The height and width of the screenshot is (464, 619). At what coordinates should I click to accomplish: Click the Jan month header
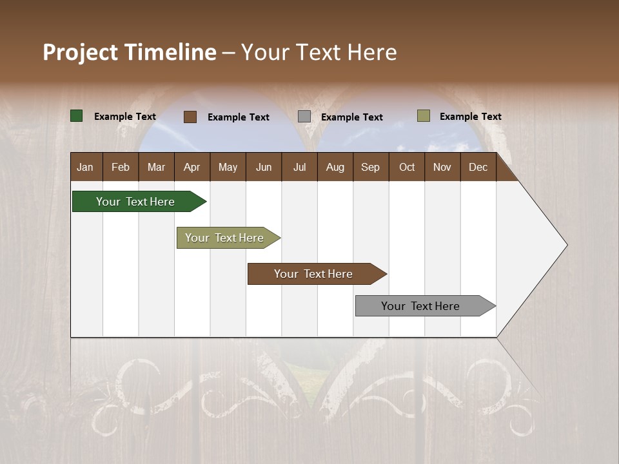(x=86, y=167)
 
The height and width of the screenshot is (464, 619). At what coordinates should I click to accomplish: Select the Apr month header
(x=192, y=167)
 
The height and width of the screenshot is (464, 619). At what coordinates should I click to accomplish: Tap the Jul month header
(x=299, y=167)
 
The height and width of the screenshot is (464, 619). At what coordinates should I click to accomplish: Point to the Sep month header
(x=370, y=167)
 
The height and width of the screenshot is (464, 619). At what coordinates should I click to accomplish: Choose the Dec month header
(x=478, y=167)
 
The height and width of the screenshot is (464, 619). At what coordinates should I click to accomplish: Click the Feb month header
(x=121, y=167)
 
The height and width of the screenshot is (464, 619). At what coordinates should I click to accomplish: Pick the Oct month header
(x=407, y=167)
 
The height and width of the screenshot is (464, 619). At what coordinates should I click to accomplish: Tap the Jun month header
(x=264, y=167)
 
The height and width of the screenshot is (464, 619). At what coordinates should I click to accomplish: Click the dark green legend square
(x=77, y=116)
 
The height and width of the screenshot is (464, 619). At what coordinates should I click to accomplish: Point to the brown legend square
(x=190, y=117)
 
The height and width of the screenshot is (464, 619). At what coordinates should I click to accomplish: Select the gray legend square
(x=304, y=117)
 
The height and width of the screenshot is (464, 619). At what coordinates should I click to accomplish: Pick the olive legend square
(x=423, y=116)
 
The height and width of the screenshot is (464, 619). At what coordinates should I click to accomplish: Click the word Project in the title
(x=80, y=52)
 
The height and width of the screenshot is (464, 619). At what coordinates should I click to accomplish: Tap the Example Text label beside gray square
(x=352, y=117)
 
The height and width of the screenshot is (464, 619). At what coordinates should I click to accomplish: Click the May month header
(x=228, y=167)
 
